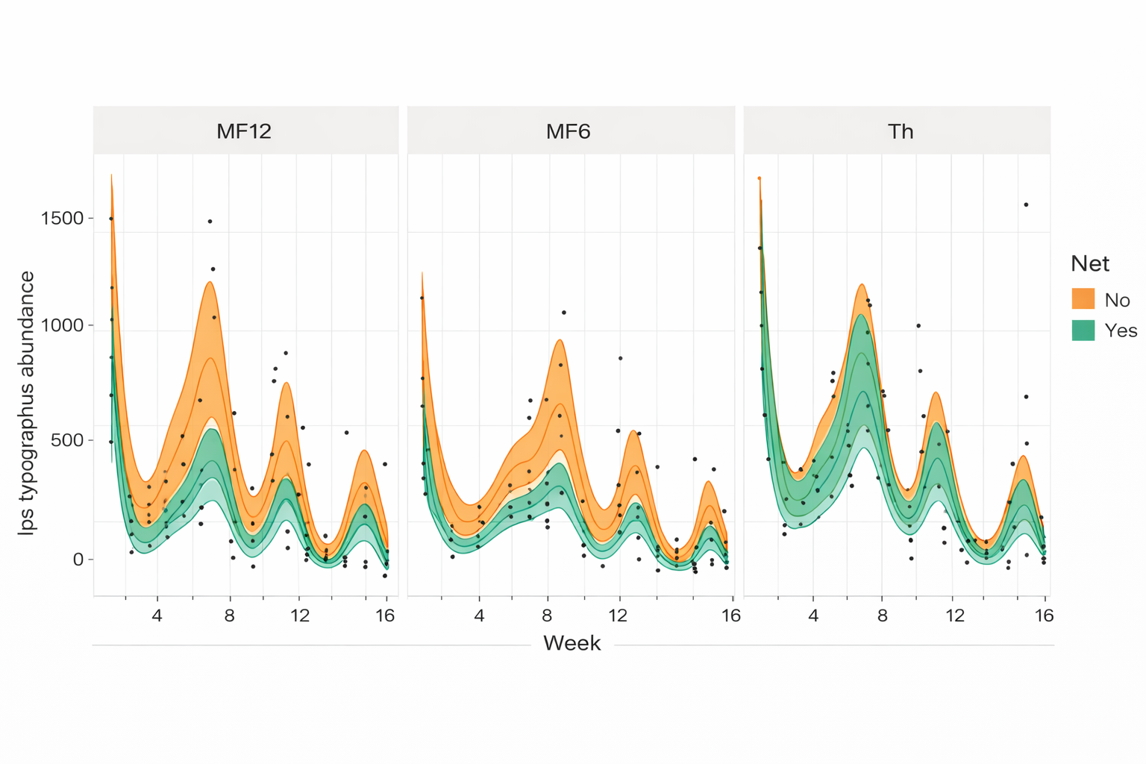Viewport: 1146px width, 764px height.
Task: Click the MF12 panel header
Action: pyautogui.click(x=244, y=131)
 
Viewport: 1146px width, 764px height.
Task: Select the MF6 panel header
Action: pyautogui.click(x=569, y=131)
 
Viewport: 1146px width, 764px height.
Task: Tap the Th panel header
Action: pyautogui.click(x=901, y=131)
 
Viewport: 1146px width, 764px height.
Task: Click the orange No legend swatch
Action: pyautogui.click(x=1083, y=299)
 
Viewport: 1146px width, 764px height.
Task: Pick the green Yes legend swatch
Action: pyautogui.click(x=1083, y=331)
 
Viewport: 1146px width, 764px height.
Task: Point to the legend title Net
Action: pyautogui.click(x=1089, y=263)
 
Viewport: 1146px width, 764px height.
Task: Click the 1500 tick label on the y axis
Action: pyautogui.click(x=63, y=218)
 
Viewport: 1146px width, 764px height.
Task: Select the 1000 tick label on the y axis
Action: pyautogui.click(x=63, y=325)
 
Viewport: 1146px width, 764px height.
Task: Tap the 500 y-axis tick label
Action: pyautogui.click(x=68, y=440)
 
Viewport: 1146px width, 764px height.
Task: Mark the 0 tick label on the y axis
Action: pyautogui.click(x=78, y=560)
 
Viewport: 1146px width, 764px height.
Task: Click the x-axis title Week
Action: pyautogui.click(x=572, y=643)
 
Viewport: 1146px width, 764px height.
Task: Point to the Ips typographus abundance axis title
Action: pyautogui.click(x=27, y=403)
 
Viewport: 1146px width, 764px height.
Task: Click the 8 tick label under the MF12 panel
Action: pyautogui.click(x=229, y=616)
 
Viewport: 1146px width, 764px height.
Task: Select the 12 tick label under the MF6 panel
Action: pyautogui.click(x=618, y=616)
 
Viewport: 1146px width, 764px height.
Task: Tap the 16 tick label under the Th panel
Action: pyautogui.click(x=1044, y=616)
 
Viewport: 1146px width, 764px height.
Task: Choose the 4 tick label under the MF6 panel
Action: pyautogui.click(x=479, y=616)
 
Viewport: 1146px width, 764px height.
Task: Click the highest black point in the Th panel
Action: pyautogui.click(x=1026, y=204)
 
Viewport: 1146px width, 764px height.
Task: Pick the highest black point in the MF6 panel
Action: pyautogui.click(x=564, y=313)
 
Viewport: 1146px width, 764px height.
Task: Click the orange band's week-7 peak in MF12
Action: pyautogui.click(x=210, y=282)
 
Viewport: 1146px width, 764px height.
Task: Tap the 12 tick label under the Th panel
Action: pyautogui.click(x=955, y=616)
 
